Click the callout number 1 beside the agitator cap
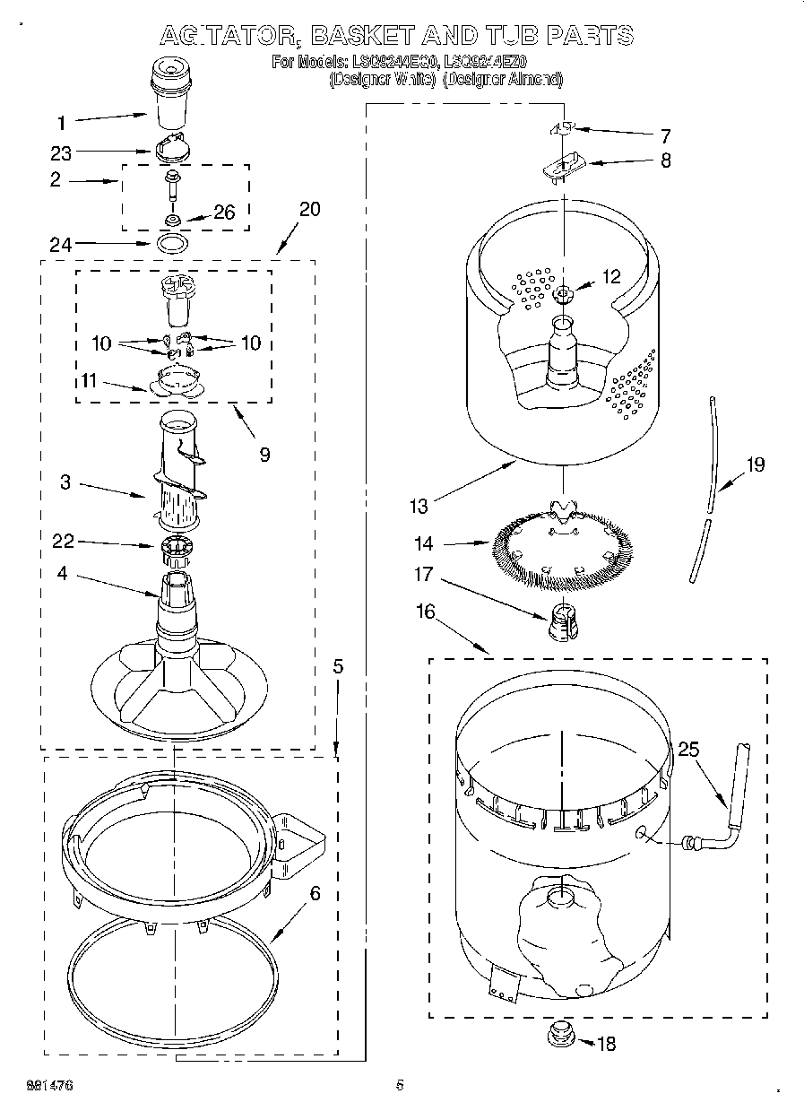click(62, 122)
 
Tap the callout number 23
click(62, 152)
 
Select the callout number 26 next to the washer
click(225, 213)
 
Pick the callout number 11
click(88, 381)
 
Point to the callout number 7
click(665, 136)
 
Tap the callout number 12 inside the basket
click(611, 277)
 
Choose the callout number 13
click(419, 506)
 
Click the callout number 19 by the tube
click(756, 464)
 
